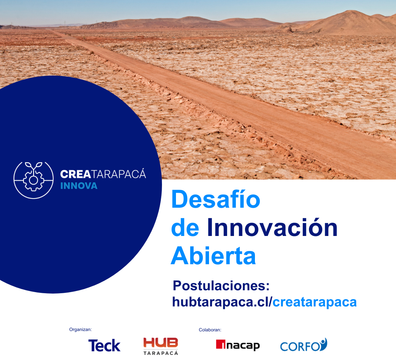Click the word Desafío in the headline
[x=216, y=200]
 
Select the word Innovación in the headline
[x=272, y=228]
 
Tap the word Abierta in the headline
[x=213, y=256]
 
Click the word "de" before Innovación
[x=185, y=228]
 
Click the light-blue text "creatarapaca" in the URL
[x=314, y=302]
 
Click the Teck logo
[x=104, y=345]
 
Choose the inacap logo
[x=238, y=345]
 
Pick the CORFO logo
[x=303, y=345]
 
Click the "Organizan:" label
[x=80, y=330]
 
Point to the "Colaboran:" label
[x=210, y=330]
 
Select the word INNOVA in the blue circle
[x=79, y=186]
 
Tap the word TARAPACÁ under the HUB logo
[x=161, y=353]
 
